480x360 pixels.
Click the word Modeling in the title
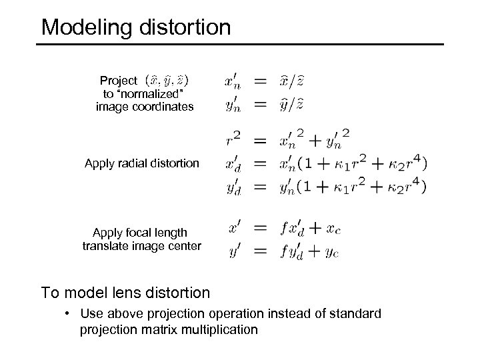tap(83, 27)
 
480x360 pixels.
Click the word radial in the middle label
tap(131, 163)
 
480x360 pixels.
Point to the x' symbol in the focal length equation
tap(235, 229)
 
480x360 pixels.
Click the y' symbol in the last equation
tap(235, 252)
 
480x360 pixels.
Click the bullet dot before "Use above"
tap(69, 313)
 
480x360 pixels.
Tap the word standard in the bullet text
tap(359, 313)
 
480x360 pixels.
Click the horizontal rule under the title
tap(240, 45)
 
